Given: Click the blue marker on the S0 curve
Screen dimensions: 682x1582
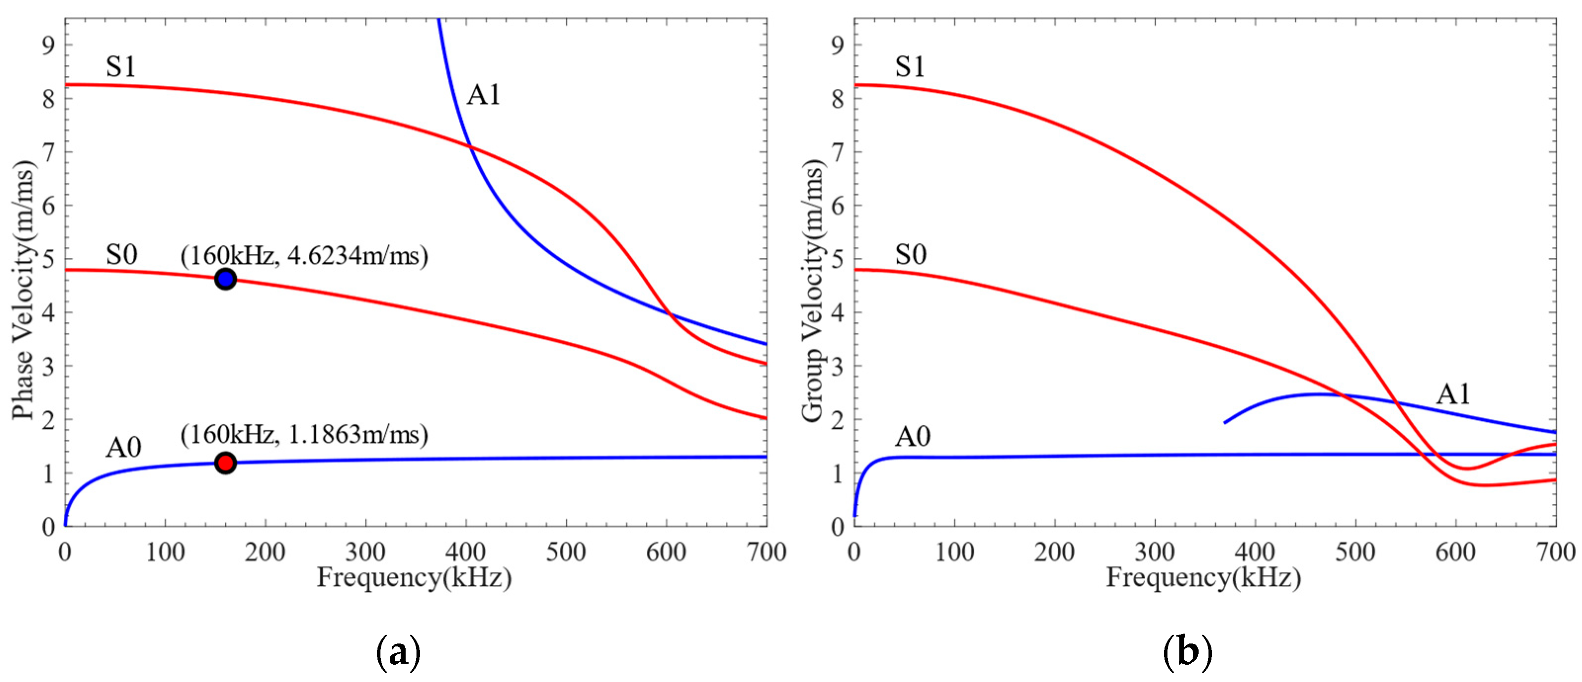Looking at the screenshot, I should [x=225, y=280].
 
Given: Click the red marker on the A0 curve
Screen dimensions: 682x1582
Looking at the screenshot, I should [x=225, y=462].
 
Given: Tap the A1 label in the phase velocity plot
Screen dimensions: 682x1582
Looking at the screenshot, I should [x=483, y=95].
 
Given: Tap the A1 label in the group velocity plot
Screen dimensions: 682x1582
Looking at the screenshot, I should [x=1453, y=394].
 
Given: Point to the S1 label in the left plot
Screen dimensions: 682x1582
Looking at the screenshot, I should [x=121, y=66].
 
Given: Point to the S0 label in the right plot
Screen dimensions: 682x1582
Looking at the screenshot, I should [x=910, y=254].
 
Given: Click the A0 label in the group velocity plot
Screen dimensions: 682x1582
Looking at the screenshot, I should [x=913, y=437].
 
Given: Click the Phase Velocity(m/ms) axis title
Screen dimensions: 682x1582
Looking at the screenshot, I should [x=23, y=290].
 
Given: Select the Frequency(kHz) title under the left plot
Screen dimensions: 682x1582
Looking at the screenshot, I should [x=414, y=578].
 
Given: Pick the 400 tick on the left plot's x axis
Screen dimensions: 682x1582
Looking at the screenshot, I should [x=465, y=553].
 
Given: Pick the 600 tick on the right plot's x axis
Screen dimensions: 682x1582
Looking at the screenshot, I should [x=1456, y=553].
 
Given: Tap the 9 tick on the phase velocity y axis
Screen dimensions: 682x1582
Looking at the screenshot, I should [x=48, y=45].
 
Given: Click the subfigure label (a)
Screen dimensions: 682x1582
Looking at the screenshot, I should [x=398, y=652].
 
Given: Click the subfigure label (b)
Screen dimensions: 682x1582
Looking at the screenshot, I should [x=1187, y=652].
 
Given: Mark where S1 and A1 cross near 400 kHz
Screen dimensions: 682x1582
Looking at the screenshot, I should [x=470, y=146].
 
